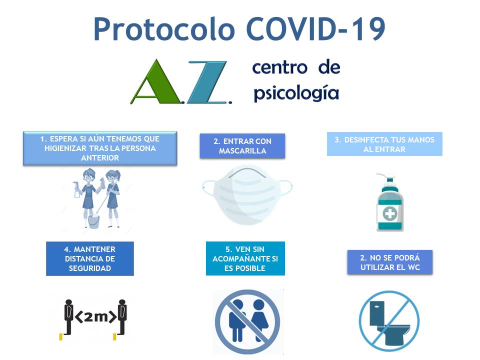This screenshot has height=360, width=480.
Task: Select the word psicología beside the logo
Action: tap(296, 93)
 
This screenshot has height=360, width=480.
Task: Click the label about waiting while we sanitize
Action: tap(100, 148)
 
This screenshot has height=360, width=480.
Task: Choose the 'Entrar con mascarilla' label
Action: tap(242, 146)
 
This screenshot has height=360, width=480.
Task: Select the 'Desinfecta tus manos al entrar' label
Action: tap(384, 144)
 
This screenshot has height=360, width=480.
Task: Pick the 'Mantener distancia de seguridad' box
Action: tap(90, 258)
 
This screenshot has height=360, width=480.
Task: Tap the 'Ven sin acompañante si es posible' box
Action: tap(245, 258)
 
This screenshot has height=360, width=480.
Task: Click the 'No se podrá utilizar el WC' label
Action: tap(390, 262)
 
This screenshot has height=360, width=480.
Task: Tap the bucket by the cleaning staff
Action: tap(93, 220)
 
